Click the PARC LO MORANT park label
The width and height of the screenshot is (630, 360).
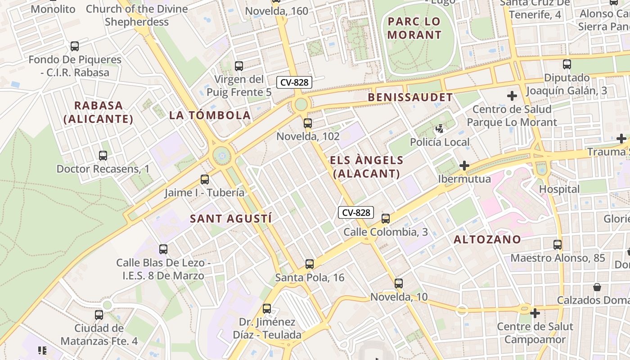(x=414, y=28)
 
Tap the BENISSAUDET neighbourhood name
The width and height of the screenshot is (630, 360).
(x=410, y=97)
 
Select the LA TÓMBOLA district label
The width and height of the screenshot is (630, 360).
(x=210, y=115)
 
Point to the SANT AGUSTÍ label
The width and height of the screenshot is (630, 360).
(x=231, y=219)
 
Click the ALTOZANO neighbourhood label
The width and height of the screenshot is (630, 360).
(x=487, y=239)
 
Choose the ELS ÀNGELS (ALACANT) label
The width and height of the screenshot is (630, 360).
(x=367, y=167)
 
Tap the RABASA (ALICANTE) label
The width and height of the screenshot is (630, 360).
(x=99, y=112)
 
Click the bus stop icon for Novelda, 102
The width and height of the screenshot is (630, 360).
(x=308, y=123)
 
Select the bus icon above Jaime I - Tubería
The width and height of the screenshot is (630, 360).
(x=205, y=180)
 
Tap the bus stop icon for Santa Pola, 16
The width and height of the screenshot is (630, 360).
(x=310, y=264)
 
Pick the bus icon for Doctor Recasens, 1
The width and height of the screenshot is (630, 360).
(x=103, y=156)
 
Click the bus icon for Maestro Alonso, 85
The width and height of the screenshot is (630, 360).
(x=558, y=245)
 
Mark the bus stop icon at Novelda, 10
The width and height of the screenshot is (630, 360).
(x=399, y=283)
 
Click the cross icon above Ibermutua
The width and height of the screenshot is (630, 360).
(x=464, y=166)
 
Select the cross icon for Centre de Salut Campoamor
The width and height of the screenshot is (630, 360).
(x=535, y=313)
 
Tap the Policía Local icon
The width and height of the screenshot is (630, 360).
(x=440, y=129)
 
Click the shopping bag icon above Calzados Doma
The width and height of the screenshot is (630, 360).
(x=597, y=287)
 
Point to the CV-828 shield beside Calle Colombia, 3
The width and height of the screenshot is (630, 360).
(x=356, y=212)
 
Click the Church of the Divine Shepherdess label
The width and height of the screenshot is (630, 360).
(x=137, y=15)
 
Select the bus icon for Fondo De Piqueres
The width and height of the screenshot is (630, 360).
(x=75, y=46)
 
